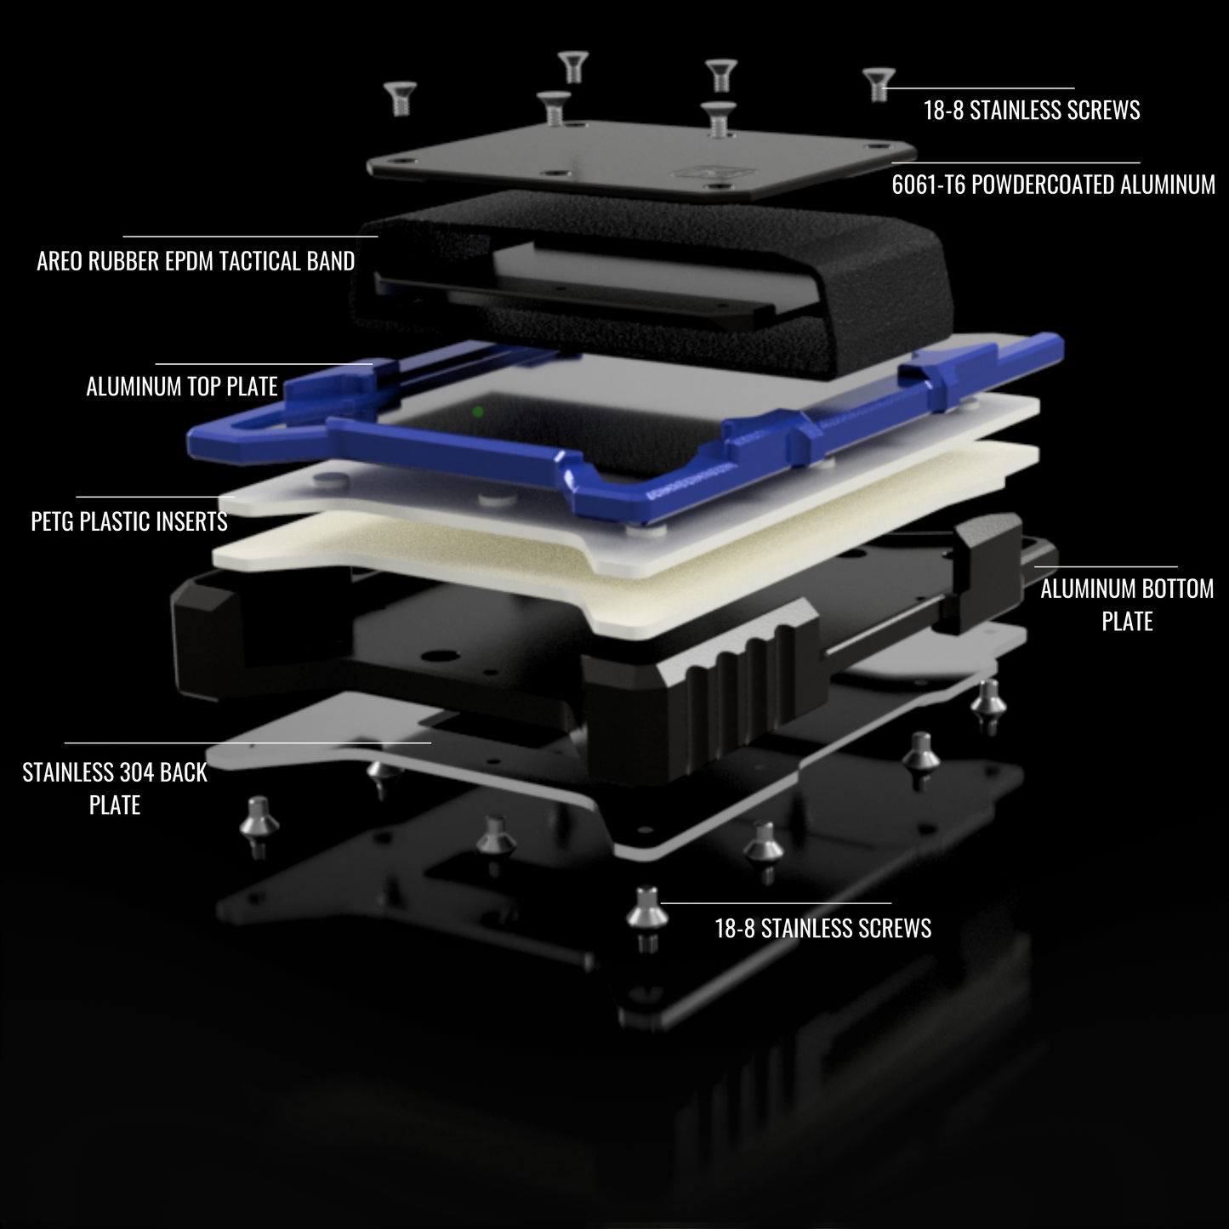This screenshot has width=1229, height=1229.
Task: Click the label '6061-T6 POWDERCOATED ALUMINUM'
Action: point(1053,185)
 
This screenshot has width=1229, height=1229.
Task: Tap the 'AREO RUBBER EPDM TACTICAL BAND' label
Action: point(196,261)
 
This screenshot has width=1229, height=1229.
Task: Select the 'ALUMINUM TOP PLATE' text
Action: point(182,386)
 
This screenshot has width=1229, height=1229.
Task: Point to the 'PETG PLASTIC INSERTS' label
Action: point(128,521)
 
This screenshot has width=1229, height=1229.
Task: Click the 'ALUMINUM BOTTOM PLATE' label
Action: point(1127,605)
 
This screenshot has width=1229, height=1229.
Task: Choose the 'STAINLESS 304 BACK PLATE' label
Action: point(115,788)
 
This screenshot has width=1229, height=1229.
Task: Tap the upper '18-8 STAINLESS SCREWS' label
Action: point(1032,110)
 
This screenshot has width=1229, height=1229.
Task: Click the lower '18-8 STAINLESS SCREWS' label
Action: point(822,928)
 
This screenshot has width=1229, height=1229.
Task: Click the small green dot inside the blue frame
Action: point(478,412)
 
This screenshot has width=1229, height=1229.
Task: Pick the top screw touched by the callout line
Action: point(879,85)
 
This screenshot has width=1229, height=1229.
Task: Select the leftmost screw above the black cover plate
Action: point(401,98)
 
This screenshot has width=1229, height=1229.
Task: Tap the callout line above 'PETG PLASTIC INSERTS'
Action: point(155,496)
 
